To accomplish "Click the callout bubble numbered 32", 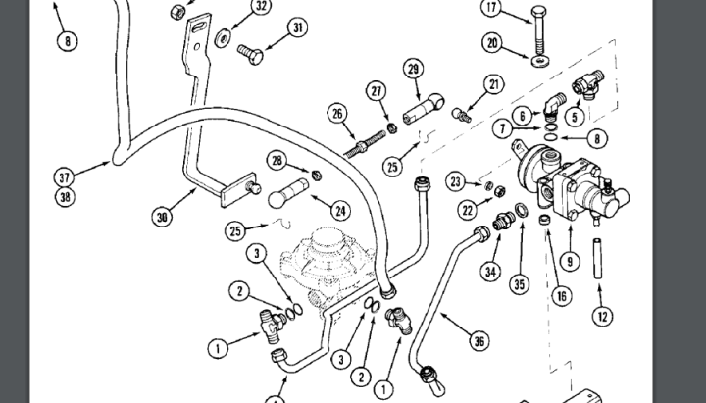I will point(260,6).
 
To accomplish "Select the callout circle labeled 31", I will point(298,29).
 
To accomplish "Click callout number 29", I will point(413,68).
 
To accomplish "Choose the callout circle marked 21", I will point(492,84).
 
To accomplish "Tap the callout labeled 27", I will point(376,91).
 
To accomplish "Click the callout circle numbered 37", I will point(65,177).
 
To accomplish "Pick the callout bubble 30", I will point(163,215).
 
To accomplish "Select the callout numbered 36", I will point(478,341).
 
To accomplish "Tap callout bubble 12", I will point(601,316).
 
